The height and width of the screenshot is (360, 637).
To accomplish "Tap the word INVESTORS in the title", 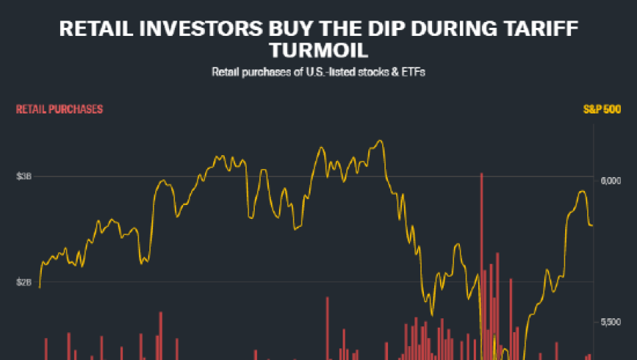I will point(198,30).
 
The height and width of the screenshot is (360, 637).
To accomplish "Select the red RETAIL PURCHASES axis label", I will point(59,109).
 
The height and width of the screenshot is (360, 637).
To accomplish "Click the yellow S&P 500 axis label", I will point(602,109).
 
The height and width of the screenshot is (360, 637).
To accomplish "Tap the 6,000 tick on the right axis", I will point(610,181).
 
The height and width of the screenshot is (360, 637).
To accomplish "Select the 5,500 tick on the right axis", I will point(610,322).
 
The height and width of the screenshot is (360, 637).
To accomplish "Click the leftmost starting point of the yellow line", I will point(39,288).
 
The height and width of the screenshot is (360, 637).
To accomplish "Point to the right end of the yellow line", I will point(592,225).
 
